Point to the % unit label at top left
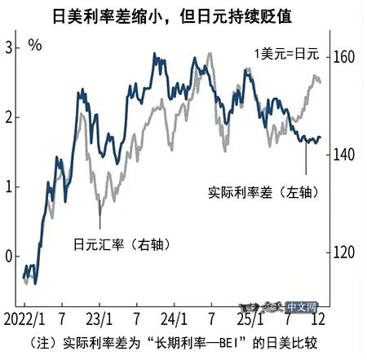[x=35, y=44]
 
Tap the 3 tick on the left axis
[x=8, y=48]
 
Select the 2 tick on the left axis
[x=8, y=117]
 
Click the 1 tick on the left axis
[x=8, y=187]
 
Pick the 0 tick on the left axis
[x=8, y=257]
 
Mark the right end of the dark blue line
[x=321, y=138]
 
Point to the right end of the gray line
[x=321, y=81]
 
